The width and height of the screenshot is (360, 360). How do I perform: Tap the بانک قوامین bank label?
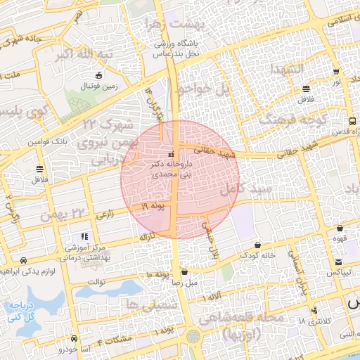(48, 142)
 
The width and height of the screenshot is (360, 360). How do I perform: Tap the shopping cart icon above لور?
(337, 71)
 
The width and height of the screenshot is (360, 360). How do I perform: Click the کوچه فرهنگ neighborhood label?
(285, 120)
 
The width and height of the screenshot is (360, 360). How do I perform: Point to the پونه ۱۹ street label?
(154, 206)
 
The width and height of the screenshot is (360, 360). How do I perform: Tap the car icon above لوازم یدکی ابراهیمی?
(25, 259)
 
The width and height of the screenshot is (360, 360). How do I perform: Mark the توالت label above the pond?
(95, 282)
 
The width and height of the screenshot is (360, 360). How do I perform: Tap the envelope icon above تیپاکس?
(340, 259)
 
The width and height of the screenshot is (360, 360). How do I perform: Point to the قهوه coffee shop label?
(340, 239)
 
